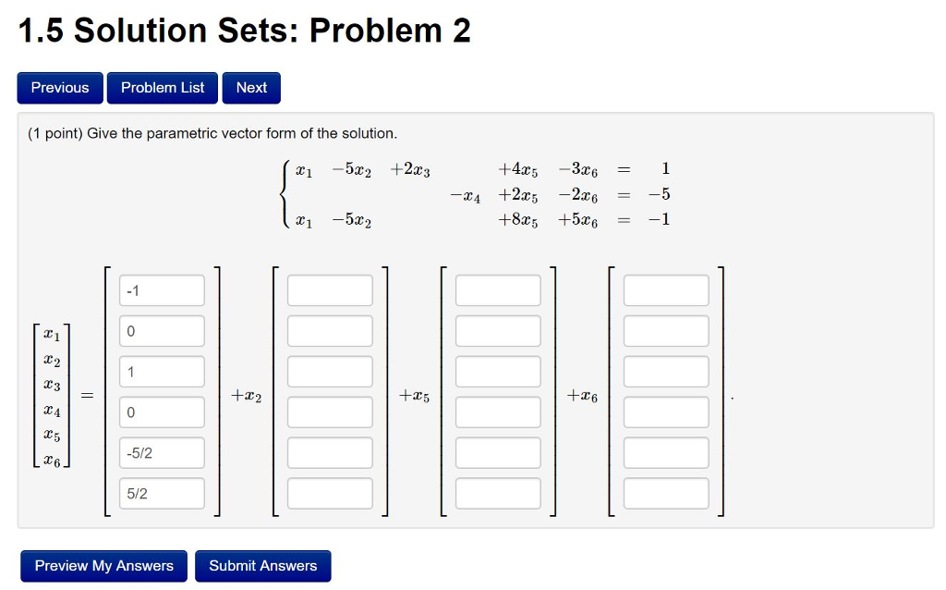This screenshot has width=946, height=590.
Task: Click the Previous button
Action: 60,88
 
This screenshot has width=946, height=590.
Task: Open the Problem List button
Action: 163,88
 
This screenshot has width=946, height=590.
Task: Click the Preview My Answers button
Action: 103,566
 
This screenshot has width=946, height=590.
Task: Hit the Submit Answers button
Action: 262,566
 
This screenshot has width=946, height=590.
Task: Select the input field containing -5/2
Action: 162,453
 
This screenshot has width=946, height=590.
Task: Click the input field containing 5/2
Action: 162,494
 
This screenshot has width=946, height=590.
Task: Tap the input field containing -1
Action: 162,290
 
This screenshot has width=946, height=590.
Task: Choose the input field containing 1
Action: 162,372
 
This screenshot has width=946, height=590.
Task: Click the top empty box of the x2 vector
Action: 330,290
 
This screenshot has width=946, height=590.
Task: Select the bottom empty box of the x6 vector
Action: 666,494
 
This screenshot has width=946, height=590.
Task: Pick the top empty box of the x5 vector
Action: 498,290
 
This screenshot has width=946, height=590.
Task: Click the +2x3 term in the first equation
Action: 410,170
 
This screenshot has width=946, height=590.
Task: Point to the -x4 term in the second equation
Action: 465,196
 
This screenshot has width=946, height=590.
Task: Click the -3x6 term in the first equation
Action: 578,170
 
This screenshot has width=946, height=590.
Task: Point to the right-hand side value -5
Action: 660,195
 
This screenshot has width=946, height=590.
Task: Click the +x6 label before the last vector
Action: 582,396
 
